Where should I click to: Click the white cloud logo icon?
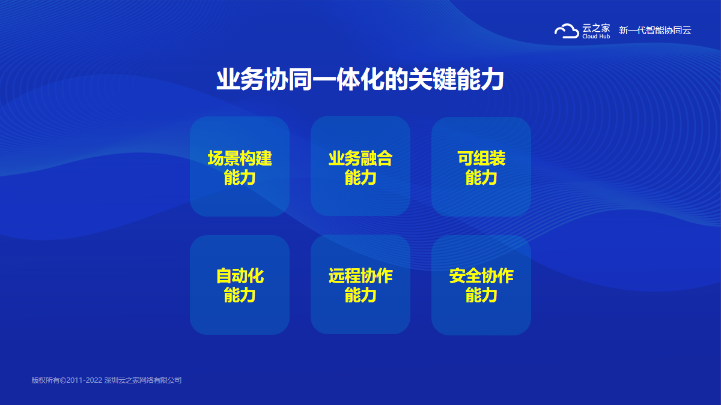[x=567, y=31]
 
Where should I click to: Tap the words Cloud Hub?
[x=596, y=37]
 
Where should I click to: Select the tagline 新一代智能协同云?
[x=655, y=31]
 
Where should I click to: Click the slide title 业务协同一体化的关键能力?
[x=360, y=79]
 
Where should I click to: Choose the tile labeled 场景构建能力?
[x=240, y=166]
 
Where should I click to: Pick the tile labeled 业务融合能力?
[x=360, y=166]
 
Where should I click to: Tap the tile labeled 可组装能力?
[x=481, y=167]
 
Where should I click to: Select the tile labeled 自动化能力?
[x=240, y=285]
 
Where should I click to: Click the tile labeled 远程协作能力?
[x=360, y=284]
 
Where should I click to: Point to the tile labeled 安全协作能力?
[x=481, y=285]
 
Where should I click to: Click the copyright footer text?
[x=106, y=380]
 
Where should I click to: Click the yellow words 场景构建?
[x=240, y=158]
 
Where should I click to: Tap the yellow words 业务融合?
[x=360, y=158]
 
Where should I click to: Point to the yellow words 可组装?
[x=481, y=158]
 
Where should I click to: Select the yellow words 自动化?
[x=240, y=276]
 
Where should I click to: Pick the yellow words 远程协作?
[x=360, y=276]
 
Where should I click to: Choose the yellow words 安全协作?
[x=481, y=276]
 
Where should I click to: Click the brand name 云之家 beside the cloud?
[x=596, y=28]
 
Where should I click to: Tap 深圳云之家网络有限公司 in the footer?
[x=143, y=380]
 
